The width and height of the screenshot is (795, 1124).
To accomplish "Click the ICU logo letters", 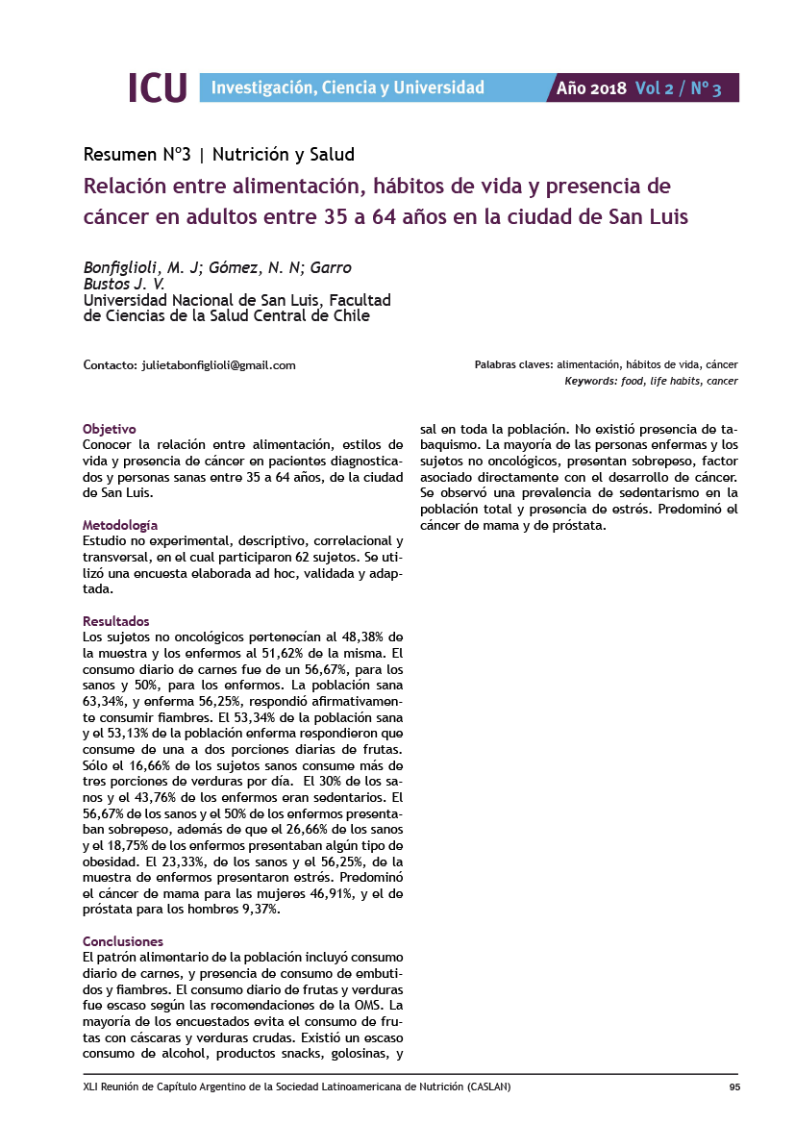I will (157, 87).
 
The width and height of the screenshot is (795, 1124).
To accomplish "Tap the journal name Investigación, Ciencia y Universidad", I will (347, 87).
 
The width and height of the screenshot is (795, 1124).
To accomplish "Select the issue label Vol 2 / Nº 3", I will (679, 88).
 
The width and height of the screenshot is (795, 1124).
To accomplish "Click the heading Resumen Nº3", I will (137, 154).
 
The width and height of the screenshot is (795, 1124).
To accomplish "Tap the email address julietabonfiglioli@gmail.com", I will (218, 365).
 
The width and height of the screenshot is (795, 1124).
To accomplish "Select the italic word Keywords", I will (589, 382).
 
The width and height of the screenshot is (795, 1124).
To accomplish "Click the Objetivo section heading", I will (110, 429).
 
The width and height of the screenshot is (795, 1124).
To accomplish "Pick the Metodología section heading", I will (120, 525).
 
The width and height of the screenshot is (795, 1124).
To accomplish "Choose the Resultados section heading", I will (116, 621).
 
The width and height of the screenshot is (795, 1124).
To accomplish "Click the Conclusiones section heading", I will (123, 941).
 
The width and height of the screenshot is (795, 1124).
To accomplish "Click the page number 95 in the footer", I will (733, 1087).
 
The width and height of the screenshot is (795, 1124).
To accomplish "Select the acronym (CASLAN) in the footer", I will (488, 1087).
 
